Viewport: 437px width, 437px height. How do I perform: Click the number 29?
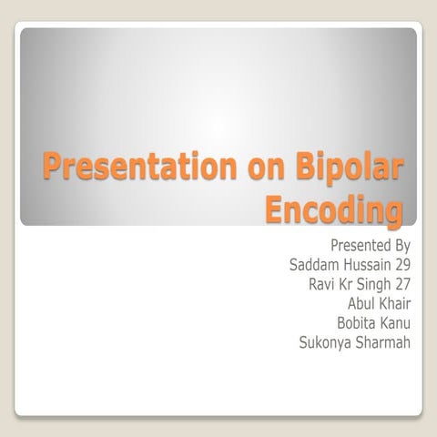point(401,265)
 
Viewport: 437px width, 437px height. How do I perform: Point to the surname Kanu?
point(396,323)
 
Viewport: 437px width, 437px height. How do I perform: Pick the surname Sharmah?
point(384,343)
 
